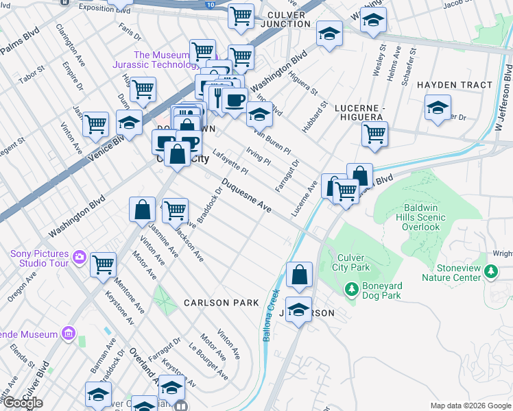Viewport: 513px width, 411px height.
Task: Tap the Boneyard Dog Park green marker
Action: point(352,290)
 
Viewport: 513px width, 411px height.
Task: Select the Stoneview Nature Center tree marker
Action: point(490,271)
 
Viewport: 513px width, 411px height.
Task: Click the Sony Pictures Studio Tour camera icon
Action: point(80,257)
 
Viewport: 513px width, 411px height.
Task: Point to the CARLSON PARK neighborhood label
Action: point(221,303)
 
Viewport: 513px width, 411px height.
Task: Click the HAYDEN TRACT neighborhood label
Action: point(455,85)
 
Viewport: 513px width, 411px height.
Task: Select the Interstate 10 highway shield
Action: point(209,4)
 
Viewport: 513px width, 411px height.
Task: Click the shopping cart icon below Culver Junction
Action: point(241,57)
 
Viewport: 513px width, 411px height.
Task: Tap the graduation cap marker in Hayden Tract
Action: point(438,107)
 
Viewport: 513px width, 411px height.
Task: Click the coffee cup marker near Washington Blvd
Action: point(235,99)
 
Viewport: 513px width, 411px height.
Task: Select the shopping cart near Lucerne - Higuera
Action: point(374,134)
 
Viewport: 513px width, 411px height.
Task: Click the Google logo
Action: point(22,403)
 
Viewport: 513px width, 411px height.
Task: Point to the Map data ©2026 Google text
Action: point(470,406)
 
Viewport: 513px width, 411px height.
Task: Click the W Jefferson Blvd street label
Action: point(506,96)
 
